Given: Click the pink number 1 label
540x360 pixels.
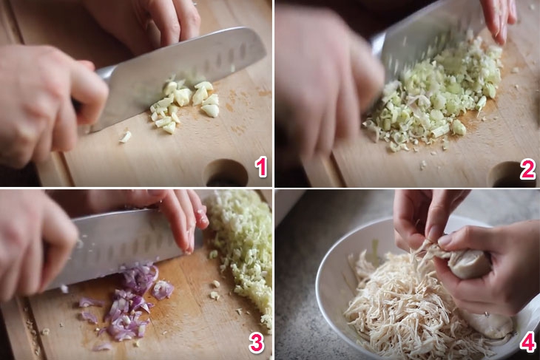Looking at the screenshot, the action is pyautogui.click(x=260, y=167).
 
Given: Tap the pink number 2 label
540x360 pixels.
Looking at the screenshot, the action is pyautogui.click(x=527, y=169).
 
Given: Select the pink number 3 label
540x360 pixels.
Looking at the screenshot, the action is pyautogui.click(x=256, y=342).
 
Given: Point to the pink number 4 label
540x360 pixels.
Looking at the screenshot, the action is pyautogui.click(x=527, y=342).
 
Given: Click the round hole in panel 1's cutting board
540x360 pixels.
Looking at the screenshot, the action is pyautogui.click(x=226, y=173).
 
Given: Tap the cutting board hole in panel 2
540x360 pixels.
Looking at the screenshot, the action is pyautogui.click(x=510, y=175).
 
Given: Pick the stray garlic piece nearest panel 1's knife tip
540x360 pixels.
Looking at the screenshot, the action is pyautogui.click(x=125, y=137).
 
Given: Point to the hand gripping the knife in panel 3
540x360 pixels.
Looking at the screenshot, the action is pyautogui.click(x=35, y=248).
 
